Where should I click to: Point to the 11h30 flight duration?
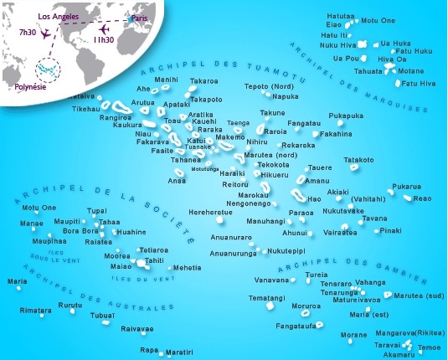(105, 39)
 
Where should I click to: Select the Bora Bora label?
(81, 231)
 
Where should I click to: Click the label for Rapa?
(149, 349)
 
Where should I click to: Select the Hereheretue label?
(211, 212)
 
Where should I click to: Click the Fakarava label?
(152, 142)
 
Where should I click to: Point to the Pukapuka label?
(346, 115)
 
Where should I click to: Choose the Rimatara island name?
(35, 310)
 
